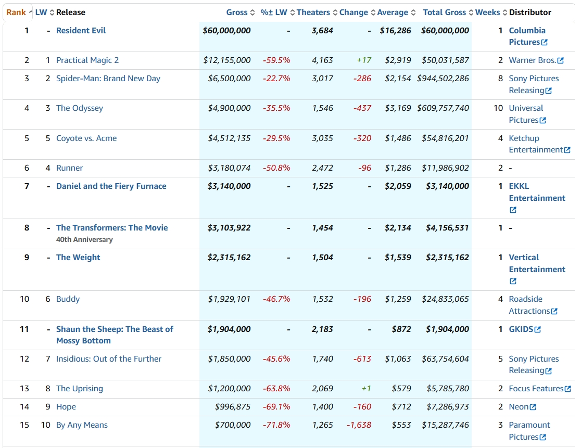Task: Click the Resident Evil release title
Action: pos(81,30)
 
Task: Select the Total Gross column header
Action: pos(444,12)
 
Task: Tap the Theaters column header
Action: pos(313,12)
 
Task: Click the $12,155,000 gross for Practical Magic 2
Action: pos(227,60)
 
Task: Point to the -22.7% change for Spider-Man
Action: pos(276,79)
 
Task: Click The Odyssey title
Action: pos(80,108)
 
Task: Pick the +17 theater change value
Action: pos(364,60)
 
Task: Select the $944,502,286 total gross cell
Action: pos(443,79)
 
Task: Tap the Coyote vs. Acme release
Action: pos(86,138)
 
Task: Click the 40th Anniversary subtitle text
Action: pos(84,239)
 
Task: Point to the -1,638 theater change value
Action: pos(359,425)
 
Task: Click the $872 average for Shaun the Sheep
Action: pos(401,329)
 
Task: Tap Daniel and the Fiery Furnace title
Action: pos(111,186)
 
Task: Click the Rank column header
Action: pos(16,12)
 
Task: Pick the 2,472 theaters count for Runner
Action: pos(322,168)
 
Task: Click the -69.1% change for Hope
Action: pos(276,407)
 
